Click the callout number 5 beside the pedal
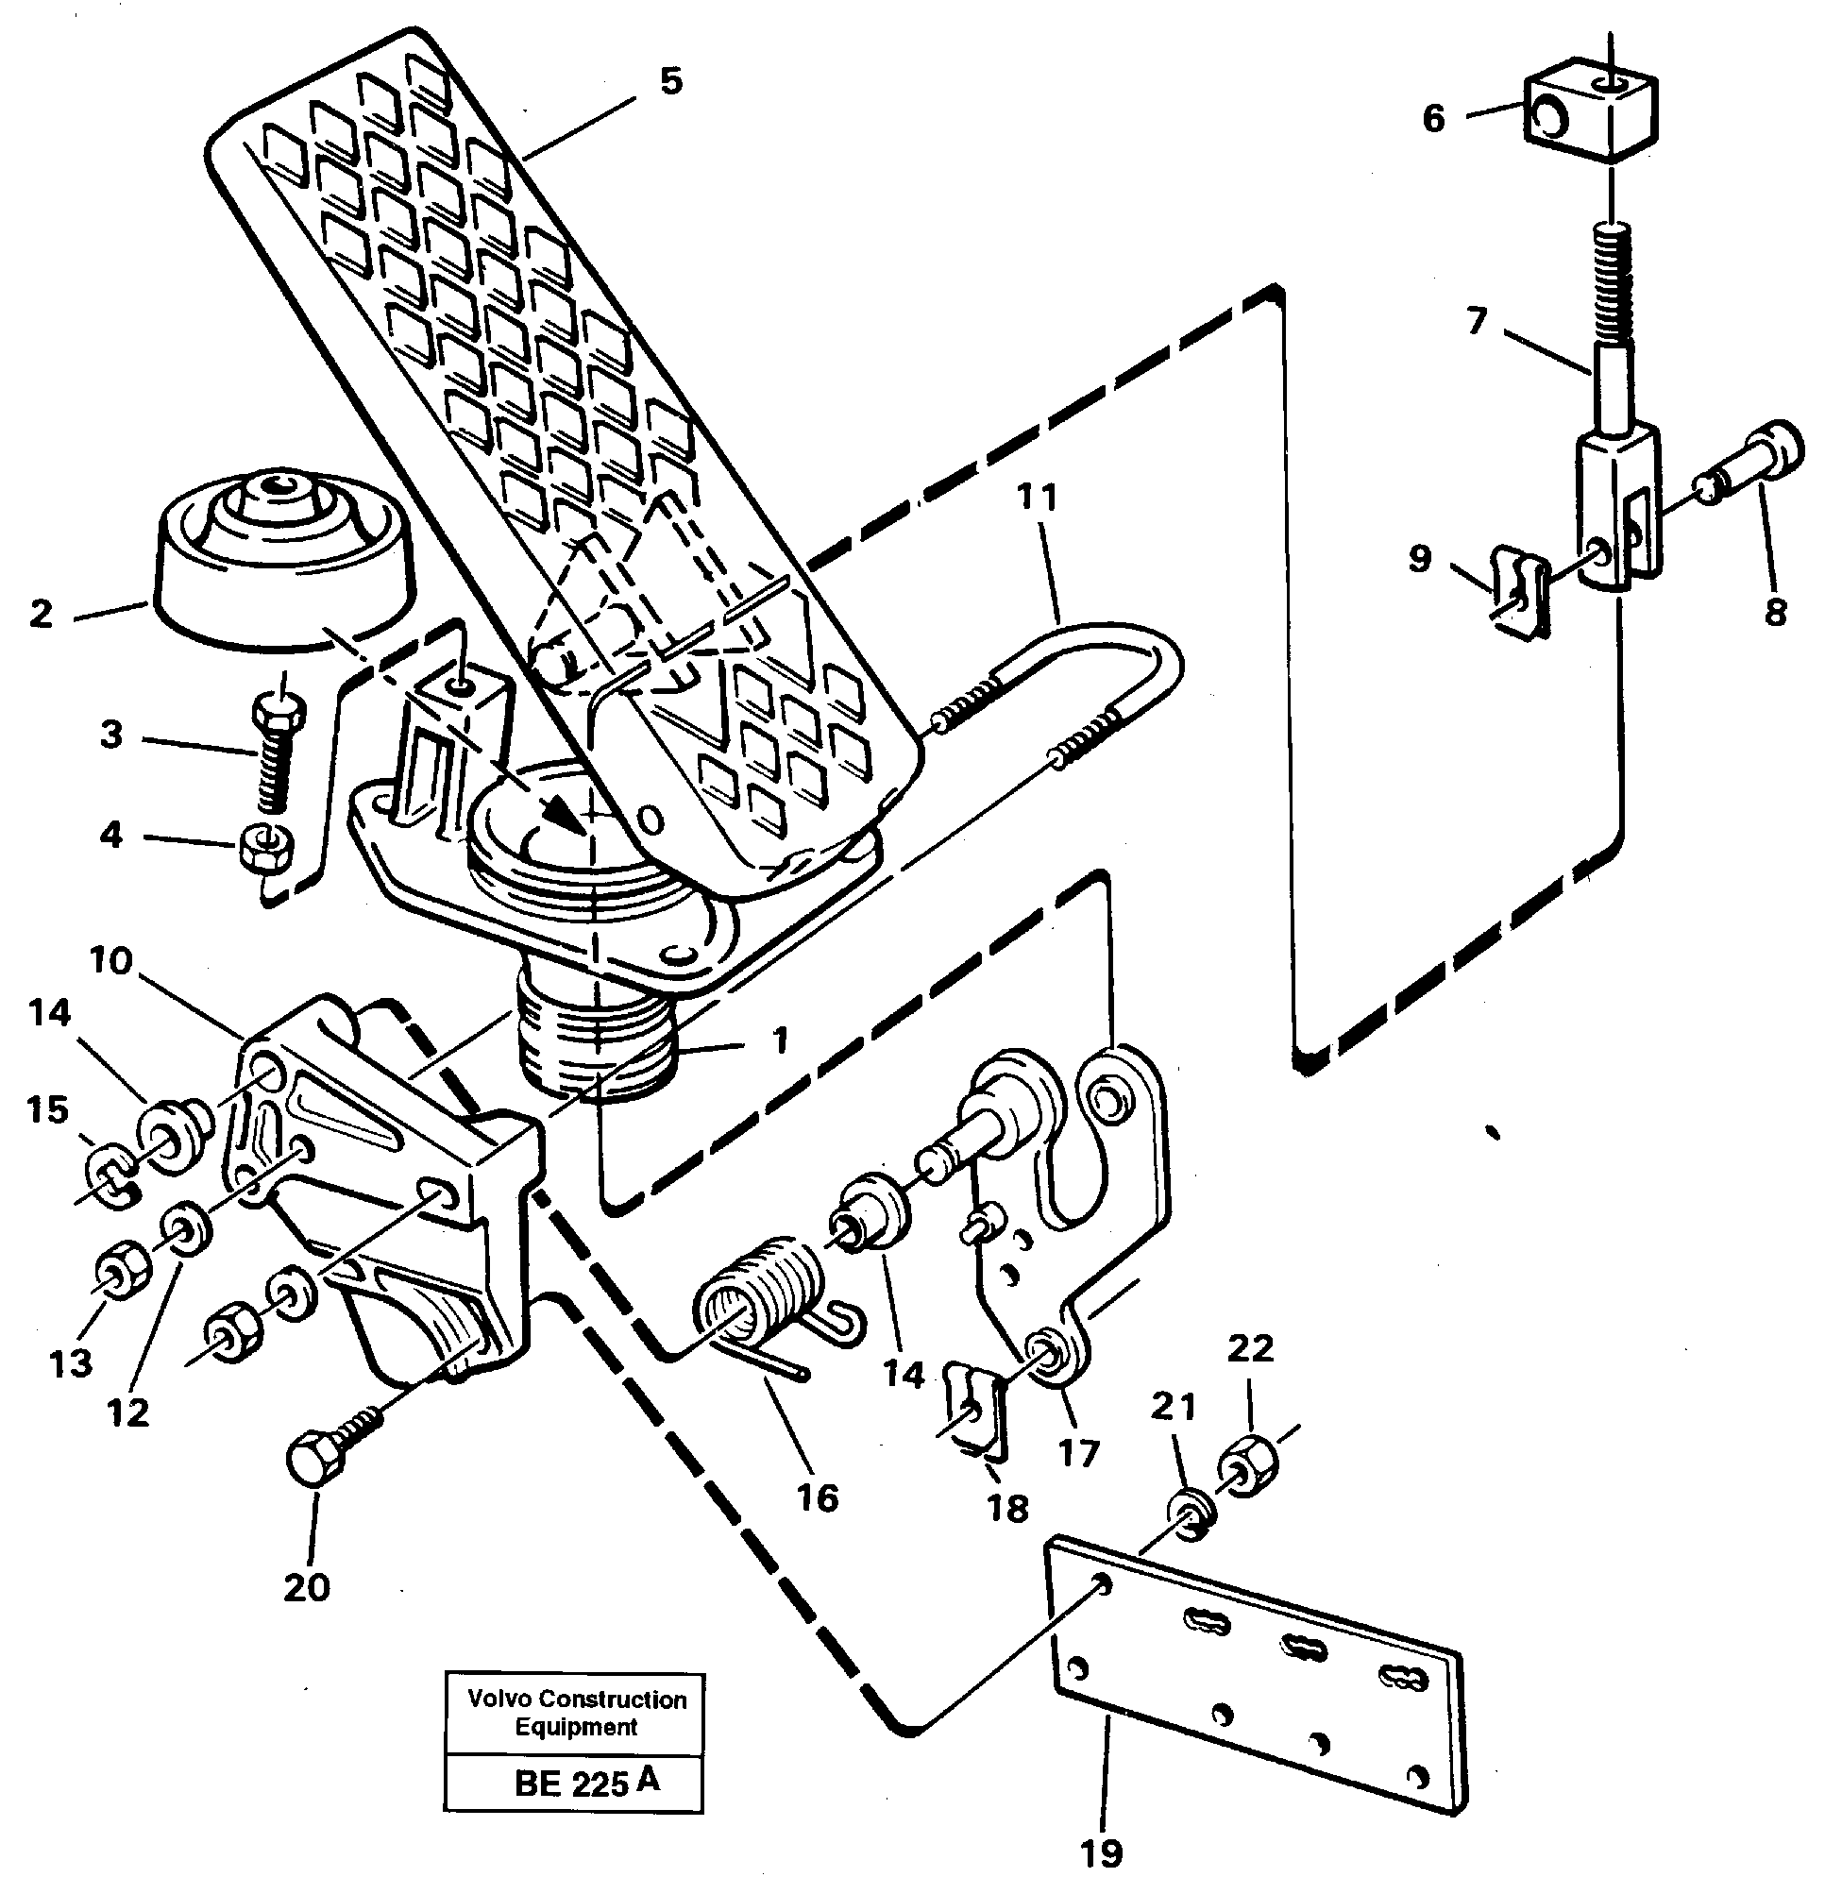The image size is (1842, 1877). pos(670,81)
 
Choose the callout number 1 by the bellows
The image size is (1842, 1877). pos(779,1040)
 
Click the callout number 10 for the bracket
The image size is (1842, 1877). pos(110,961)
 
